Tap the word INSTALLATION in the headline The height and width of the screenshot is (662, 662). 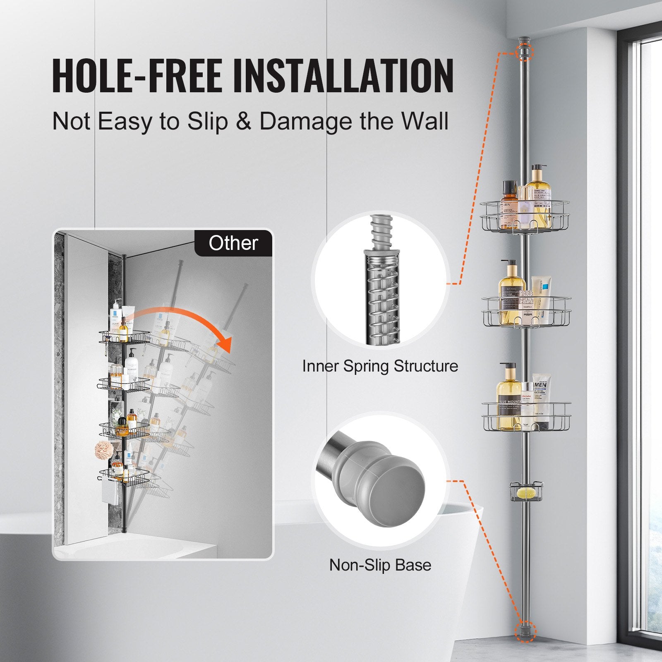tap(343, 76)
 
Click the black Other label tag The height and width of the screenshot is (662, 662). tap(233, 243)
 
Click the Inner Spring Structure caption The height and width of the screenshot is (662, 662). tap(380, 366)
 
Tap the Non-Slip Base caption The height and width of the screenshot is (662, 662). tap(380, 565)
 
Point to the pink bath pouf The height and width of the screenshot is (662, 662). tap(104, 449)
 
